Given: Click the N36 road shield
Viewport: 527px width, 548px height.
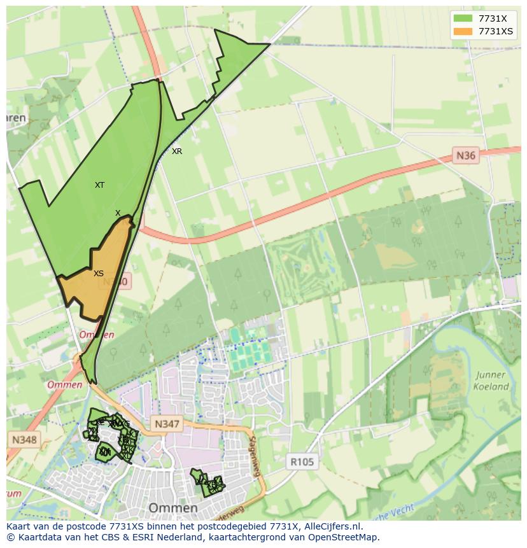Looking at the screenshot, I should tap(466, 155).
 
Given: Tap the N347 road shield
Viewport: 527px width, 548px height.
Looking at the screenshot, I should tap(167, 424).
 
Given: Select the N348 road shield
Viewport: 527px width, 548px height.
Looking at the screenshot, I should tap(24, 439).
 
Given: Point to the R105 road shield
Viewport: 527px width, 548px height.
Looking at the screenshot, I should tap(302, 462).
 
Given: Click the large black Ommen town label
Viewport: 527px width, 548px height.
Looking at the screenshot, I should tap(172, 508).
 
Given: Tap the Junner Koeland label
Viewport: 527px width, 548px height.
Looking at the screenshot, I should tap(491, 381).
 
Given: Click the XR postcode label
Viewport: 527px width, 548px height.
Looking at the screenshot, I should tap(177, 151).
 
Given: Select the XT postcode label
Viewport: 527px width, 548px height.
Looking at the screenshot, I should tap(99, 185).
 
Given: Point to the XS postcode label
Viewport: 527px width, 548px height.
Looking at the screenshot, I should tap(99, 274).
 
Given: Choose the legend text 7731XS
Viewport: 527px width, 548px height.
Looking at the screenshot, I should tap(496, 31).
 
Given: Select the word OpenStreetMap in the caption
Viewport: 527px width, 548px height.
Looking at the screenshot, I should tap(344, 537).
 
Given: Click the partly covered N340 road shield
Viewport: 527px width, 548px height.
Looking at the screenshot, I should tap(121, 281).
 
